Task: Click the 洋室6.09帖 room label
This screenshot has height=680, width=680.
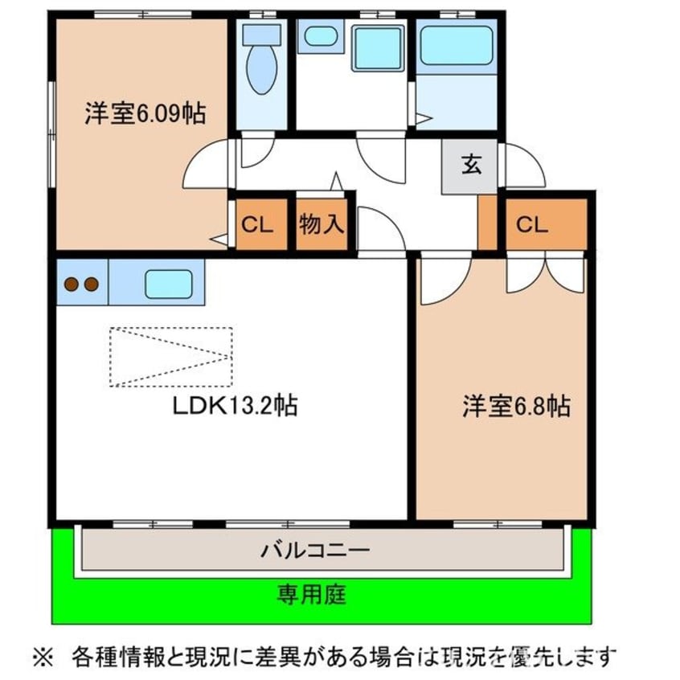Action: click(145, 114)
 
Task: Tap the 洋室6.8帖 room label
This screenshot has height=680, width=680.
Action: click(516, 407)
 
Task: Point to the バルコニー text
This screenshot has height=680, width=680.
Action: click(314, 551)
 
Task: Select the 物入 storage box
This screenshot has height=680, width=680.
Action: click(322, 224)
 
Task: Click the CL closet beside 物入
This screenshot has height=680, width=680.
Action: click(260, 224)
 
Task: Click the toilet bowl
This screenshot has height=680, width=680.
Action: click(260, 68)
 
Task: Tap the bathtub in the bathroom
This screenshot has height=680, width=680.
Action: click(456, 47)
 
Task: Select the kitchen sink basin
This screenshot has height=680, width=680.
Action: click(168, 285)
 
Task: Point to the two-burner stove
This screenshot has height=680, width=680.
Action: click(81, 284)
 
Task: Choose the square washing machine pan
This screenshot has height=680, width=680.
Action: click(378, 47)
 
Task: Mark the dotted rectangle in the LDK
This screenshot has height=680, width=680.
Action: click(170, 357)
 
